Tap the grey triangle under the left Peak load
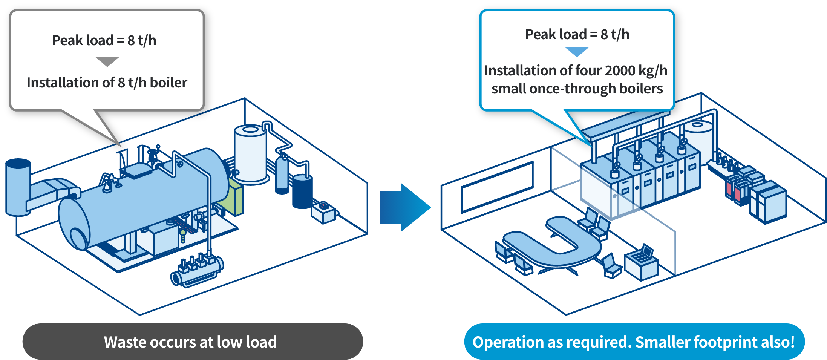tap(107, 61)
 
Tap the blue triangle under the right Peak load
tap(577, 52)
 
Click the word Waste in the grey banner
tap(124, 342)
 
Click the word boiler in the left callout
tap(168, 83)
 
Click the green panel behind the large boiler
tap(236, 196)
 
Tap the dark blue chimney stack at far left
tap(18, 187)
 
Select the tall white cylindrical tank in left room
tap(250, 155)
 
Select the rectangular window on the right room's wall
tap(497, 186)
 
